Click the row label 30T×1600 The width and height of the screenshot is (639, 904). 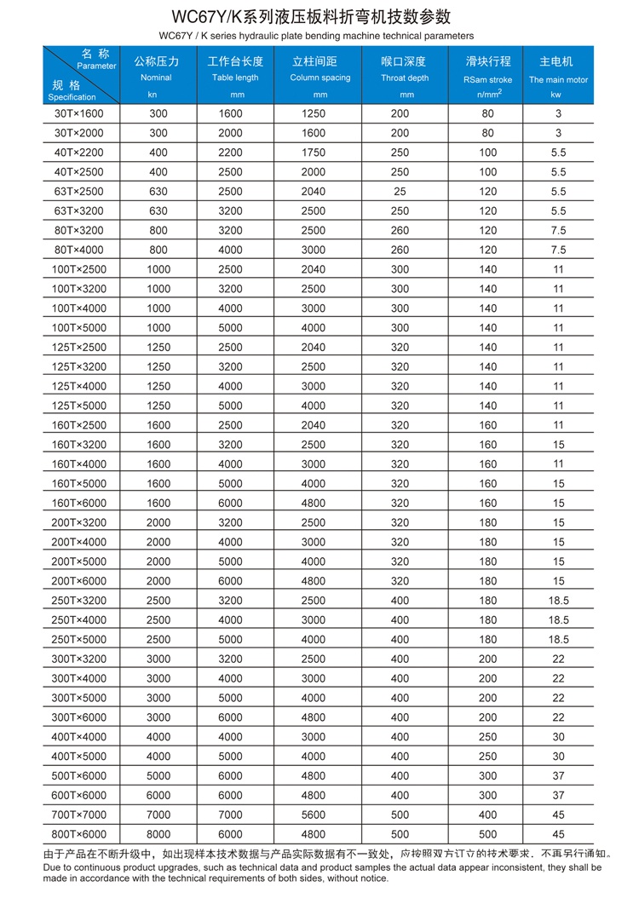coord(78,113)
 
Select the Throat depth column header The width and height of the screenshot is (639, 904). coord(405,73)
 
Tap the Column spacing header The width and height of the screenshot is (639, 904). coord(320,73)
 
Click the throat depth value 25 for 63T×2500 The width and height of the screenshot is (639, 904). coord(400,191)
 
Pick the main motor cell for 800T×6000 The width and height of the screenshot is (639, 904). coord(558,834)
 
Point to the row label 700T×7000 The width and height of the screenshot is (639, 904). coord(78,815)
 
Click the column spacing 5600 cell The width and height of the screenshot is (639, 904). coord(314,815)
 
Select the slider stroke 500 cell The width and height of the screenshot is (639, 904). coord(487,834)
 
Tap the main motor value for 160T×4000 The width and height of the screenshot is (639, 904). coord(558,464)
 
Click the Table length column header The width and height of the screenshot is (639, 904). coord(236,73)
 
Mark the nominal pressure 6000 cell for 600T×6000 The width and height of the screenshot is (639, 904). coord(158,795)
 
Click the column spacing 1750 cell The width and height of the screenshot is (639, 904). coord(314,153)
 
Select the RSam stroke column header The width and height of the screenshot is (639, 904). coord(488,73)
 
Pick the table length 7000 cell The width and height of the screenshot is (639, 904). coord(230,815)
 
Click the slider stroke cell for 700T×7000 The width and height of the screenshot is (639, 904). coord(487,815)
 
